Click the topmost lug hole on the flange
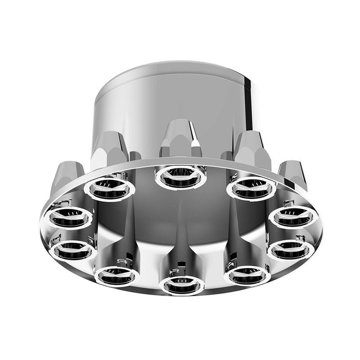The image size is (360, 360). [x=180, y=177]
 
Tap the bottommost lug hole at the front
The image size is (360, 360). [x=181, y=284]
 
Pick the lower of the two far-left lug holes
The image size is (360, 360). [x=73, y=250]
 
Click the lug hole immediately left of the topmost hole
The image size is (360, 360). [x=109, y=189]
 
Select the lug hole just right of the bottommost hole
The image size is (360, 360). [x=247, y=274]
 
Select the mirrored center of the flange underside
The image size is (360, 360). [x=180, y=225]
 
